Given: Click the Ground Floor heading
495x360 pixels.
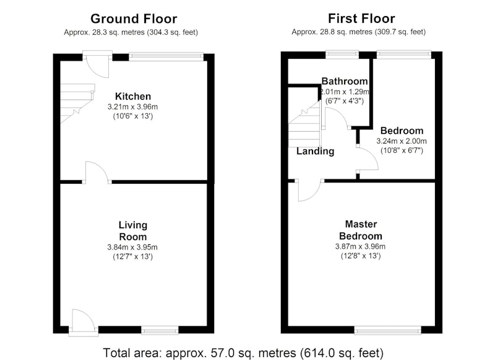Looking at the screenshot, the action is point(134,19).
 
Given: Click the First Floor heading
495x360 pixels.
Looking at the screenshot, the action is point(361,19).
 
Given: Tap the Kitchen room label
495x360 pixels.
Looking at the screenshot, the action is point(133,96).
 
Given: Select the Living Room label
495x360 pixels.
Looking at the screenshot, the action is point(133,231).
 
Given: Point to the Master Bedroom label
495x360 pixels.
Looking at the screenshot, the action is point(361,230).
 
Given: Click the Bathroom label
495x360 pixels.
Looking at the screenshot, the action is point(345,81).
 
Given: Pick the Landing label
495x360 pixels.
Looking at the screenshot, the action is point(316,151).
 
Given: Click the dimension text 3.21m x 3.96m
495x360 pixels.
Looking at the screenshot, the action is point(132,106).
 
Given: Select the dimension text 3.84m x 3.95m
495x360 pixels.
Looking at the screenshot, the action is point(132,247).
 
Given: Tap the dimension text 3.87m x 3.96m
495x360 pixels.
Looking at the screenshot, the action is point(361,246).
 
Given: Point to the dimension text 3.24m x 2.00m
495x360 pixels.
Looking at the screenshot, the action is point(402,140).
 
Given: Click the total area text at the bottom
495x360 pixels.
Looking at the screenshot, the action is point(243,353).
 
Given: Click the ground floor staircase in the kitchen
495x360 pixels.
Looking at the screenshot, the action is point(77,103).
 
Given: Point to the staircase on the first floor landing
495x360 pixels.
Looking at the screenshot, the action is point(304,124).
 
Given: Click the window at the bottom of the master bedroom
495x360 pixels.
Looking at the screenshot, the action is point(387,330).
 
